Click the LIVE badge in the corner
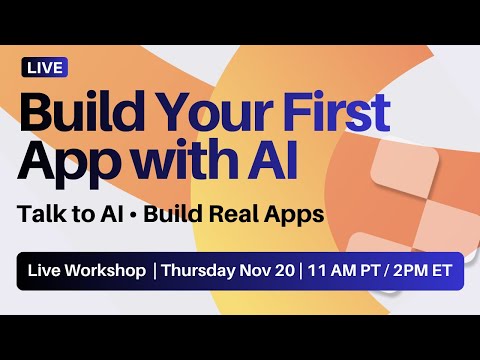[x=44, y=68]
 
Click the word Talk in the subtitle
[x=48, y=214]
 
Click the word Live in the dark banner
[x=47, y=271]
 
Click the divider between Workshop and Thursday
[x=154, y=271]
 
